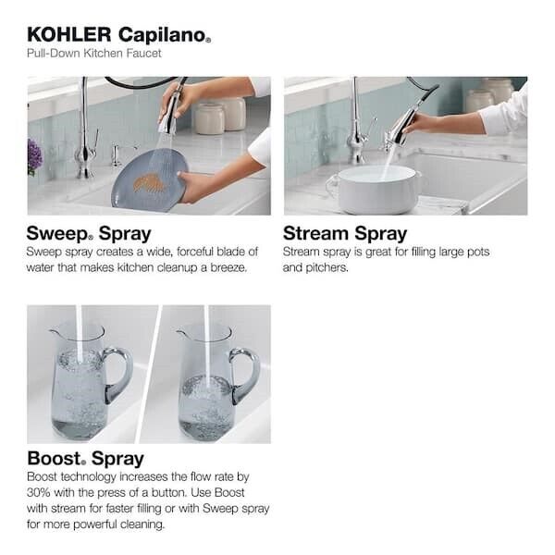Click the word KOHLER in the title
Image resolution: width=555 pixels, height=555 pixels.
(x=69, y=35)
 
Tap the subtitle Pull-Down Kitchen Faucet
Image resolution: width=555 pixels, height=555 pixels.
(x=94, y=54)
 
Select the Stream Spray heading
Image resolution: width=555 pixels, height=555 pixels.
(x=345, y=233)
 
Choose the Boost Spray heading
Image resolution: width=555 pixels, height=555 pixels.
(x=85, y=459)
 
